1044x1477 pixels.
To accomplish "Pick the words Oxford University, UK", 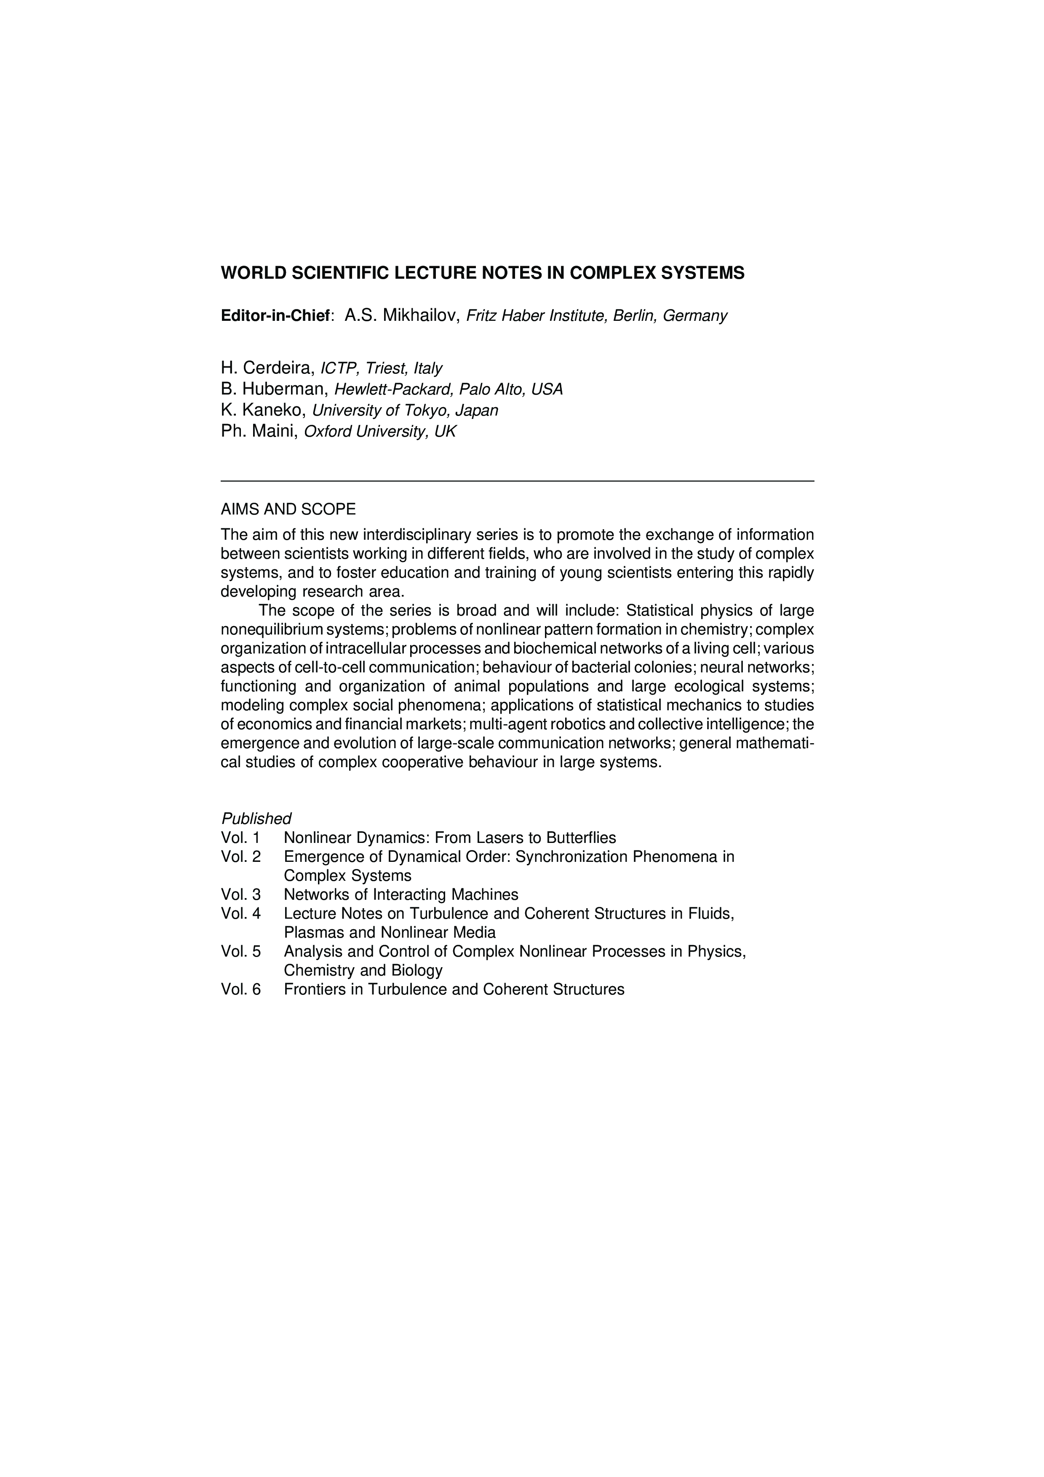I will click(379, 432).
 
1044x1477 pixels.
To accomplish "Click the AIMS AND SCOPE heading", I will click(288, 509).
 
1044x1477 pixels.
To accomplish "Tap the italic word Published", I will click(256, 819).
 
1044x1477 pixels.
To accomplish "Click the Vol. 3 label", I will click(240, 895).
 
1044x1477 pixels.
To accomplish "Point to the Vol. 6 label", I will click(240, 989).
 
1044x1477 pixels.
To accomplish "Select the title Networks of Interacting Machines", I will click(401, 895).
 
